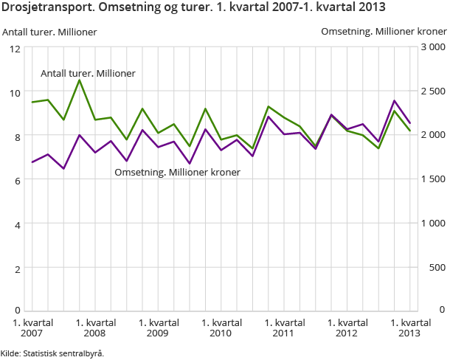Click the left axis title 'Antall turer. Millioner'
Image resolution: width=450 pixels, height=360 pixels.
tap(49, 32)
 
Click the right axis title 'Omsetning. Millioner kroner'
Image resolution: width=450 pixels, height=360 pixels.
tap(384, 32)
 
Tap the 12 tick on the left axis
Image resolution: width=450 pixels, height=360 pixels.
tap(15, 49)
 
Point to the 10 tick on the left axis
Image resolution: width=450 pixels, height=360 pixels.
tap(15, 92)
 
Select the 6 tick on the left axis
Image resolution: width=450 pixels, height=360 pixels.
tap(17, 180)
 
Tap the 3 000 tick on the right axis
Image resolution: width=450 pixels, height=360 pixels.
tap(433, 48)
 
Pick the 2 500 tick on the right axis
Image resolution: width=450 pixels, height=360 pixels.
tap(433, 91)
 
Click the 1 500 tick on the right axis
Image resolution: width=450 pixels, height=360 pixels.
tap(433, 179)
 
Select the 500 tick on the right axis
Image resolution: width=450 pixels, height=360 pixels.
tap(437, 267)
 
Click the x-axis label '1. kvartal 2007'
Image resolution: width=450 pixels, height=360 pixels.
tap(31, 328)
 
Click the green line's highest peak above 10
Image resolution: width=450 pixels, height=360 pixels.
tap(80, 80)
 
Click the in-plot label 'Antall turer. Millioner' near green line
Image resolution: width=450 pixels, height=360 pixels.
tap(88, 74)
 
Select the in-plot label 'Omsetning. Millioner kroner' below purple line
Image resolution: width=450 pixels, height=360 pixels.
tap(177, 172)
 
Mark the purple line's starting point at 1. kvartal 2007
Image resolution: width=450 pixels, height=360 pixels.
tap(32, 162)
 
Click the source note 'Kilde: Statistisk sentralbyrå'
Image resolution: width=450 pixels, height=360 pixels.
tap(52, 353)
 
